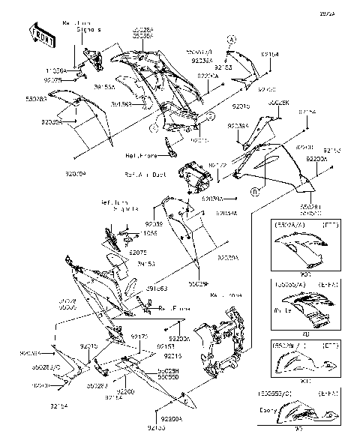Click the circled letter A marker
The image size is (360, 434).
point(232,39)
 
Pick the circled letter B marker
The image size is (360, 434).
point(256,192)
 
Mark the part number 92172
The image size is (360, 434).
point(217,163)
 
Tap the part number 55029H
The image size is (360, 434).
point(168,371)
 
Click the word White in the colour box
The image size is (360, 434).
point(282,310)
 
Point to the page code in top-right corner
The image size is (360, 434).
point(347,13)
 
